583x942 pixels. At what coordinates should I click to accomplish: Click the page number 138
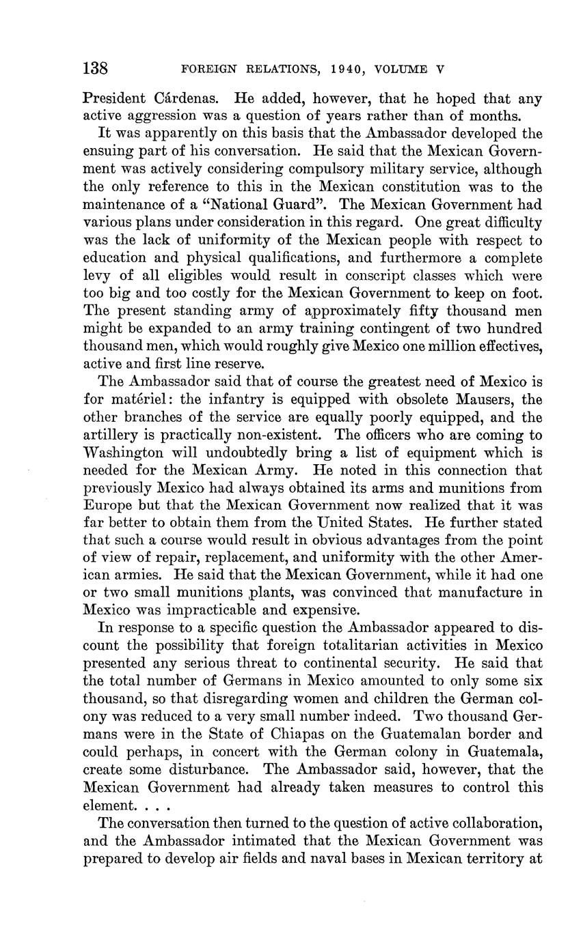click(x=96, y=68)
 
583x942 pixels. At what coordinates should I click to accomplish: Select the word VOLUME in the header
click(x=405, y=69)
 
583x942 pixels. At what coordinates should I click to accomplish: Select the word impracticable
click(x=215, y=610)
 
